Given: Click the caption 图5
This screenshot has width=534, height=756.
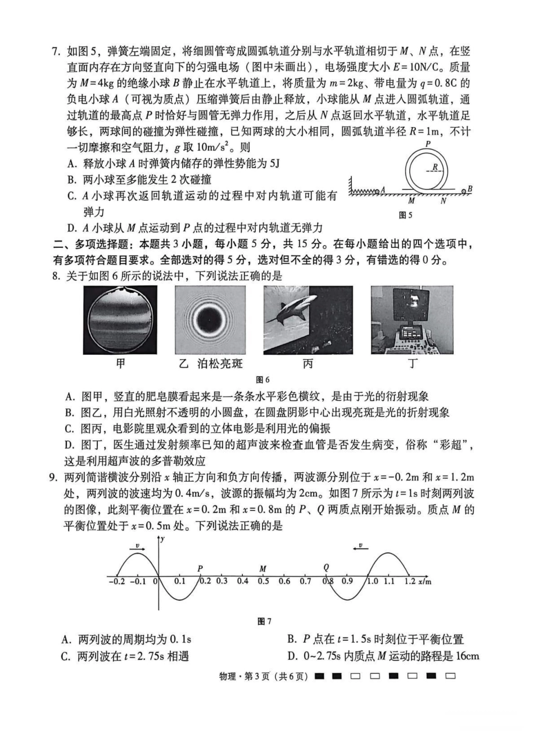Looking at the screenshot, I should (x=405, y=215).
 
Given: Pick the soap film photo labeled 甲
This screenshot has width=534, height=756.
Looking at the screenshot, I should (x=120, y=320).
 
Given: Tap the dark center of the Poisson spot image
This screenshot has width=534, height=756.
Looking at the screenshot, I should (x=210, y=320).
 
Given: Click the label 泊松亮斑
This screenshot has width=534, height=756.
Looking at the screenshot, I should (x=220, y=364).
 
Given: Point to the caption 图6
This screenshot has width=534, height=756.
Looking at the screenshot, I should (x=263, y=380).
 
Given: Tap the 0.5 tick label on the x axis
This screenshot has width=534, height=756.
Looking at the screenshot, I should (x=263, y=581).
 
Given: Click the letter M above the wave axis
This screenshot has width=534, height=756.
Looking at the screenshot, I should (x=263, y=568).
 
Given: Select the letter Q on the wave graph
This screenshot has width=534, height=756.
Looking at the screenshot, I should (x=326, y=568).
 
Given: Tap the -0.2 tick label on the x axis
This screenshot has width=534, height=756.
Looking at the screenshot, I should (x=116, y=581).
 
